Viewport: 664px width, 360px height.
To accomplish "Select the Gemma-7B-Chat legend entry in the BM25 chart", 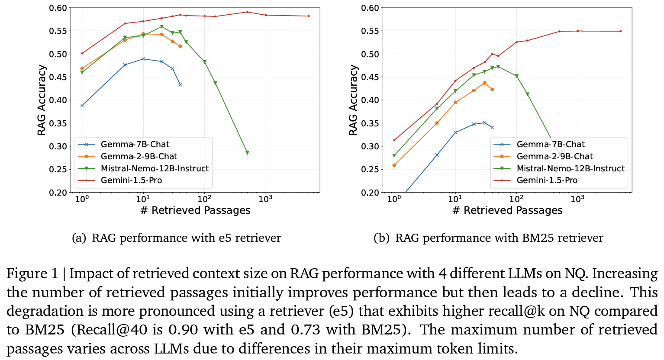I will [x=550, y=144].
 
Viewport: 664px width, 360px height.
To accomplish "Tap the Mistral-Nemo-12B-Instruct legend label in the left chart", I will [x=155, y=168].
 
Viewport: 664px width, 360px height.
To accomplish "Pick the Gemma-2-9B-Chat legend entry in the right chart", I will [x=554, y=156].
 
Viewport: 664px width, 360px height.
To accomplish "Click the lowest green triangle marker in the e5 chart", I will [x=247, y=153].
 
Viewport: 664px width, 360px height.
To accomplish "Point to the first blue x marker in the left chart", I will [x=82, y=105].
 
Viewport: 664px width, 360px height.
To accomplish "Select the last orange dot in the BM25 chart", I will [x=492, y=90].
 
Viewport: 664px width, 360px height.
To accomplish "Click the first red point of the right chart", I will [x=394, y=140].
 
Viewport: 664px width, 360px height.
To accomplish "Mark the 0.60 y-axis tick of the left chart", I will [x=58, y=8].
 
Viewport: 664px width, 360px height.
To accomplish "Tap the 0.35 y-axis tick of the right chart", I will [x=371, y=123].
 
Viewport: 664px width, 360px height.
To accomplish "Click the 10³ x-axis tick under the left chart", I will [x=265, y=199].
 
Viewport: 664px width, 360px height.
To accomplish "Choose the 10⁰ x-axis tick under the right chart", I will [x=394, y=199].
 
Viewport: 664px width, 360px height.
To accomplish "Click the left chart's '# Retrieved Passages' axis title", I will [x=195, y=210].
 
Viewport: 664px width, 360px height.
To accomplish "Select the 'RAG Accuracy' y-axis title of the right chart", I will [x=354, y=100].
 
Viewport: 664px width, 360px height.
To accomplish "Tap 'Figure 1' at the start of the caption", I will [x=32, y=273].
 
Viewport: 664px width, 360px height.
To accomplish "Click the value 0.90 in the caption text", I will [x=184, y=330].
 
